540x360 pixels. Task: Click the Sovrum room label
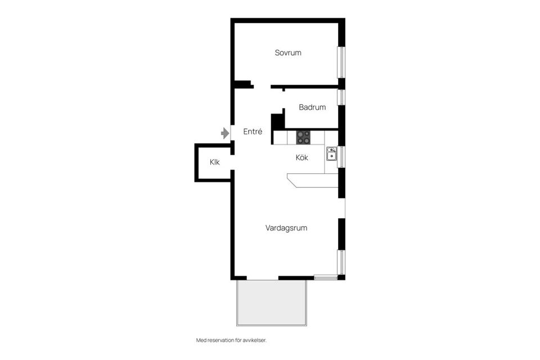(288, 53)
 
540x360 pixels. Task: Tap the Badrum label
(312, 107)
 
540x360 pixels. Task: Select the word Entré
(253, 132)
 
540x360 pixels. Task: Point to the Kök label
(302, 158)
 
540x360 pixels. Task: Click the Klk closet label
(214, 162)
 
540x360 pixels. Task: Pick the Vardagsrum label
(286, 228)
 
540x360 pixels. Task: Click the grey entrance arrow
(225, 133)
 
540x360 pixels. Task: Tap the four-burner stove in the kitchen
(303, 137)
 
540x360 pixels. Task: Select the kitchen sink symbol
(331, 154)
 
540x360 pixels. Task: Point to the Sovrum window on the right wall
(341, 62)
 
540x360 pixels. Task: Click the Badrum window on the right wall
(341, 97)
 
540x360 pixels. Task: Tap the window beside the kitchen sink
(341, 156)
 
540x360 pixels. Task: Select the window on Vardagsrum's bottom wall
(326, 277)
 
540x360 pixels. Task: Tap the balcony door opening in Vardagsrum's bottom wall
(262, 278)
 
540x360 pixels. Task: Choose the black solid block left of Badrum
(277, 122)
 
